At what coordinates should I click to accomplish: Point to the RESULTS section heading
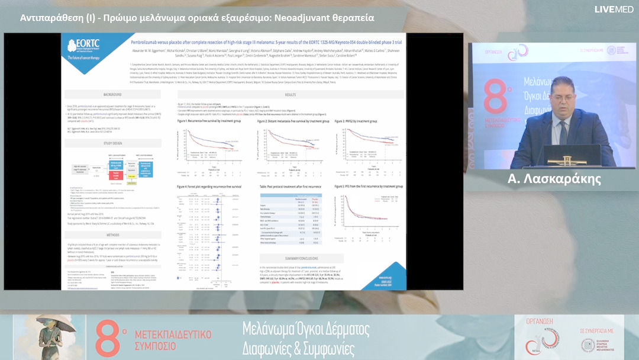point(290,95)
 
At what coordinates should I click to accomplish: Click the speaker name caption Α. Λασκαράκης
point(554,180)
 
